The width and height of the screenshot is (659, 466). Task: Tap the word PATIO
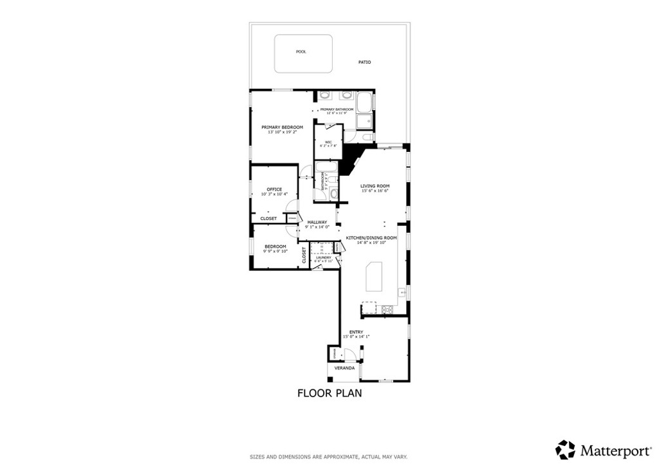(365, 62)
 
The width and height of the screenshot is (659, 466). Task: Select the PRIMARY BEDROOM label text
(282, 127)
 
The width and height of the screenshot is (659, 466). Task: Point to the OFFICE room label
(274, 189)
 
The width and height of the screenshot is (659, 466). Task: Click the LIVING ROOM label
(375, 187)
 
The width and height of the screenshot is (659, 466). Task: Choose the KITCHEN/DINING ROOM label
(371, 238)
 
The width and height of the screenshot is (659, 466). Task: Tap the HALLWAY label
(317, 222)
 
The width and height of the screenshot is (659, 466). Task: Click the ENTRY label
(356, 332)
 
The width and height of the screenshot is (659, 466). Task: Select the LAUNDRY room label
(323, 257)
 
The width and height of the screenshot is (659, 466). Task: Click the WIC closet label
(328, 142)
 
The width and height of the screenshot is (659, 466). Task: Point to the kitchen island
(375, 277)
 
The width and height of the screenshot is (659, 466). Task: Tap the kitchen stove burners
(389, 310)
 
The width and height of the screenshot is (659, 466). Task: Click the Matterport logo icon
(566, 449)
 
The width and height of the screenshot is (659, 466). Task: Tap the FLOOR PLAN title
(329, 393)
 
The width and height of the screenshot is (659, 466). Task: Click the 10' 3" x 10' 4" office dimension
(274, 194)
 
